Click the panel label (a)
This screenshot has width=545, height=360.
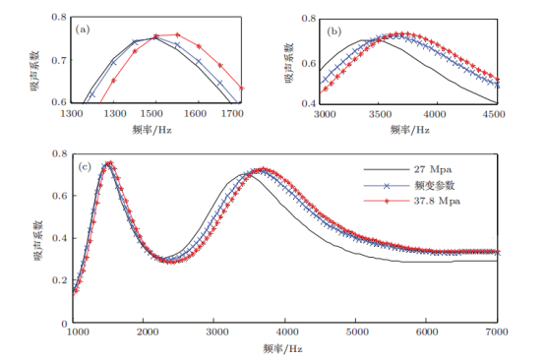pyautogui.click(x=83, y=30)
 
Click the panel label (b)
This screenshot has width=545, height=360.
pyautogui.click(x=334, y=31)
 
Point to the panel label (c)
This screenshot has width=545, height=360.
pyautogui.click(x=85, y=167)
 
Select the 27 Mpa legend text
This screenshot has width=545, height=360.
pyautogui.click(x=433, y=169)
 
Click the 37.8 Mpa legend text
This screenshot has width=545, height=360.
pyautogui.click(x=437, y=202)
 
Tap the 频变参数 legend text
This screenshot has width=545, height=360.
pyautogui.click(x=434, y=186)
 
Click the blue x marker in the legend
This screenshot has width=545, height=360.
pyautogui.click(x=387, y=186)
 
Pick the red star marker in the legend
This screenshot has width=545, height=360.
pyautogui.click(x=387, y=202)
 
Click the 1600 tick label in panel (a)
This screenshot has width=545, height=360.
pyautogui.click(x=196, y=114)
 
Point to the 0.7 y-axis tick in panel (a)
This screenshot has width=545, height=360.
pyautogui.click(x=59, y=60)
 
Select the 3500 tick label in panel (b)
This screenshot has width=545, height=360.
pyautogui.click(x=380, y=115)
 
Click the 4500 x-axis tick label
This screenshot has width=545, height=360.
pyautogui.click(x=494, y=115)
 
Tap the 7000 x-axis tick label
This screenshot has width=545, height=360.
pyautogui.click(x=497, y=332)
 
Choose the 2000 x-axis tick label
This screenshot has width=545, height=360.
pyautogui.click(x=147, y=332)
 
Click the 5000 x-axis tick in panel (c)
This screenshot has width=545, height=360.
pyautogui.click(x=358, y=332)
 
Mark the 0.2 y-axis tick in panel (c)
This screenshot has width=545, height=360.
pyautogui.click(x=59, y=280)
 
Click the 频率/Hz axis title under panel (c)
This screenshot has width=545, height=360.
pyautogui.click(x=282, y=348)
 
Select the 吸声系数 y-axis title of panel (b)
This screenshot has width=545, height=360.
pyautogui.click(x=289, y=63)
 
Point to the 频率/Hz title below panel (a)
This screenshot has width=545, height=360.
pyautogui.click(x=151, y=130)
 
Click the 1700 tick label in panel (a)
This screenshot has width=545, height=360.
pyautogui.click(x=232, y=114)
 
